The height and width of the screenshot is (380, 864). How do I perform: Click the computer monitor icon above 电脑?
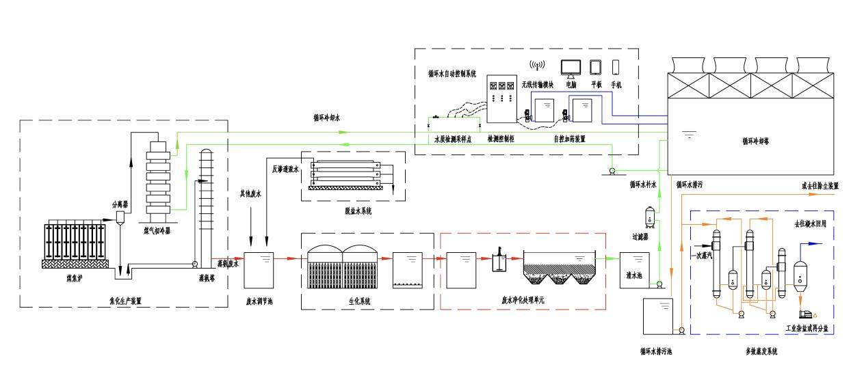571,67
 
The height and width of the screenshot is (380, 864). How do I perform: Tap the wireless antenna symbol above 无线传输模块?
537,66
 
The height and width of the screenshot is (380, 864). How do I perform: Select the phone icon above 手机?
616,67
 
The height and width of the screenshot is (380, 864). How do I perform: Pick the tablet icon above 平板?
594,67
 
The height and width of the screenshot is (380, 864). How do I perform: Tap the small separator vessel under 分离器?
120,217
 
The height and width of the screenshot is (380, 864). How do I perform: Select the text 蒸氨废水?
228,263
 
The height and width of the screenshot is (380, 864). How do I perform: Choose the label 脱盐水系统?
354,211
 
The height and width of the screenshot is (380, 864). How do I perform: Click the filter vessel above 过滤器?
649,218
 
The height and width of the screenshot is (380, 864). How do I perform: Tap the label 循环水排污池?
656,352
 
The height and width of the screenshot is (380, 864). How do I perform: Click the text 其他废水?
250,194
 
